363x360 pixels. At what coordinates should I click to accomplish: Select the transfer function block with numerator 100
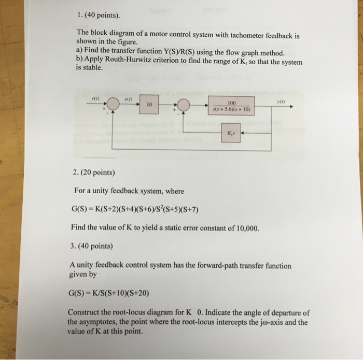231,106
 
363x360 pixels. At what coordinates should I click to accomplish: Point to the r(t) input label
95,98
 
